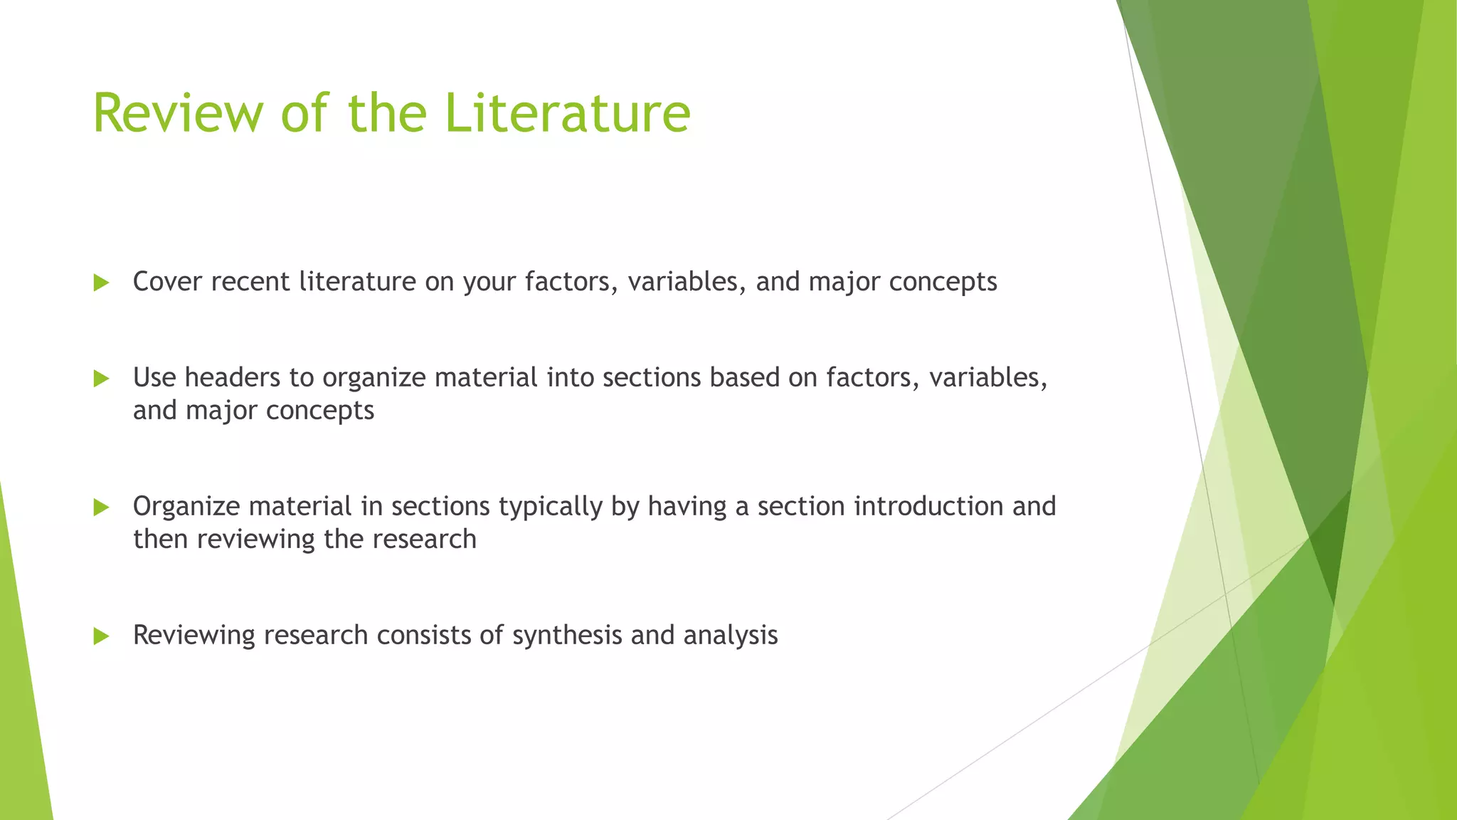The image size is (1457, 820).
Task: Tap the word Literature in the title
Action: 567,113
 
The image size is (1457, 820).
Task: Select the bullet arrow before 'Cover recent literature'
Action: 101,283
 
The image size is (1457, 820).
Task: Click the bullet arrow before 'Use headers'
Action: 101,379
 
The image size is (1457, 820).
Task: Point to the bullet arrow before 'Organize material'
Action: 101,508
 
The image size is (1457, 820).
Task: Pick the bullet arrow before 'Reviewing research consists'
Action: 101,636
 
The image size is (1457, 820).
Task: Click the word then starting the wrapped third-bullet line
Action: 161,539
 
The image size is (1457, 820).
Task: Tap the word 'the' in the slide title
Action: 387,113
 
